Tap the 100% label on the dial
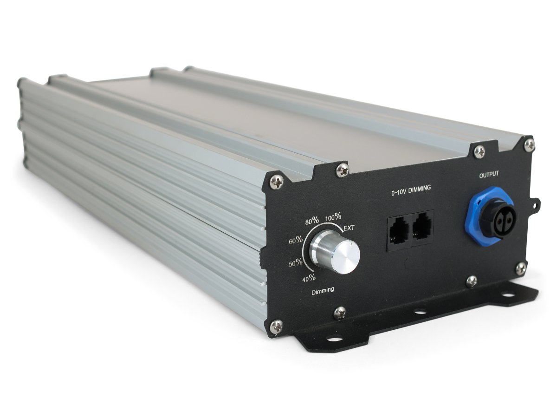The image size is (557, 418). (333, 217)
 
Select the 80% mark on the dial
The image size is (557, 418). (312, 221)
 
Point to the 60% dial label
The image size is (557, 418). (296, 240)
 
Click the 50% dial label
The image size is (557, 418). (296, 263)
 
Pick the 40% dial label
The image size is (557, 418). (309, 278)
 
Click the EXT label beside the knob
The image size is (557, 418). (349, 228)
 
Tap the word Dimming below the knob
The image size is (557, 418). (323, 291)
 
